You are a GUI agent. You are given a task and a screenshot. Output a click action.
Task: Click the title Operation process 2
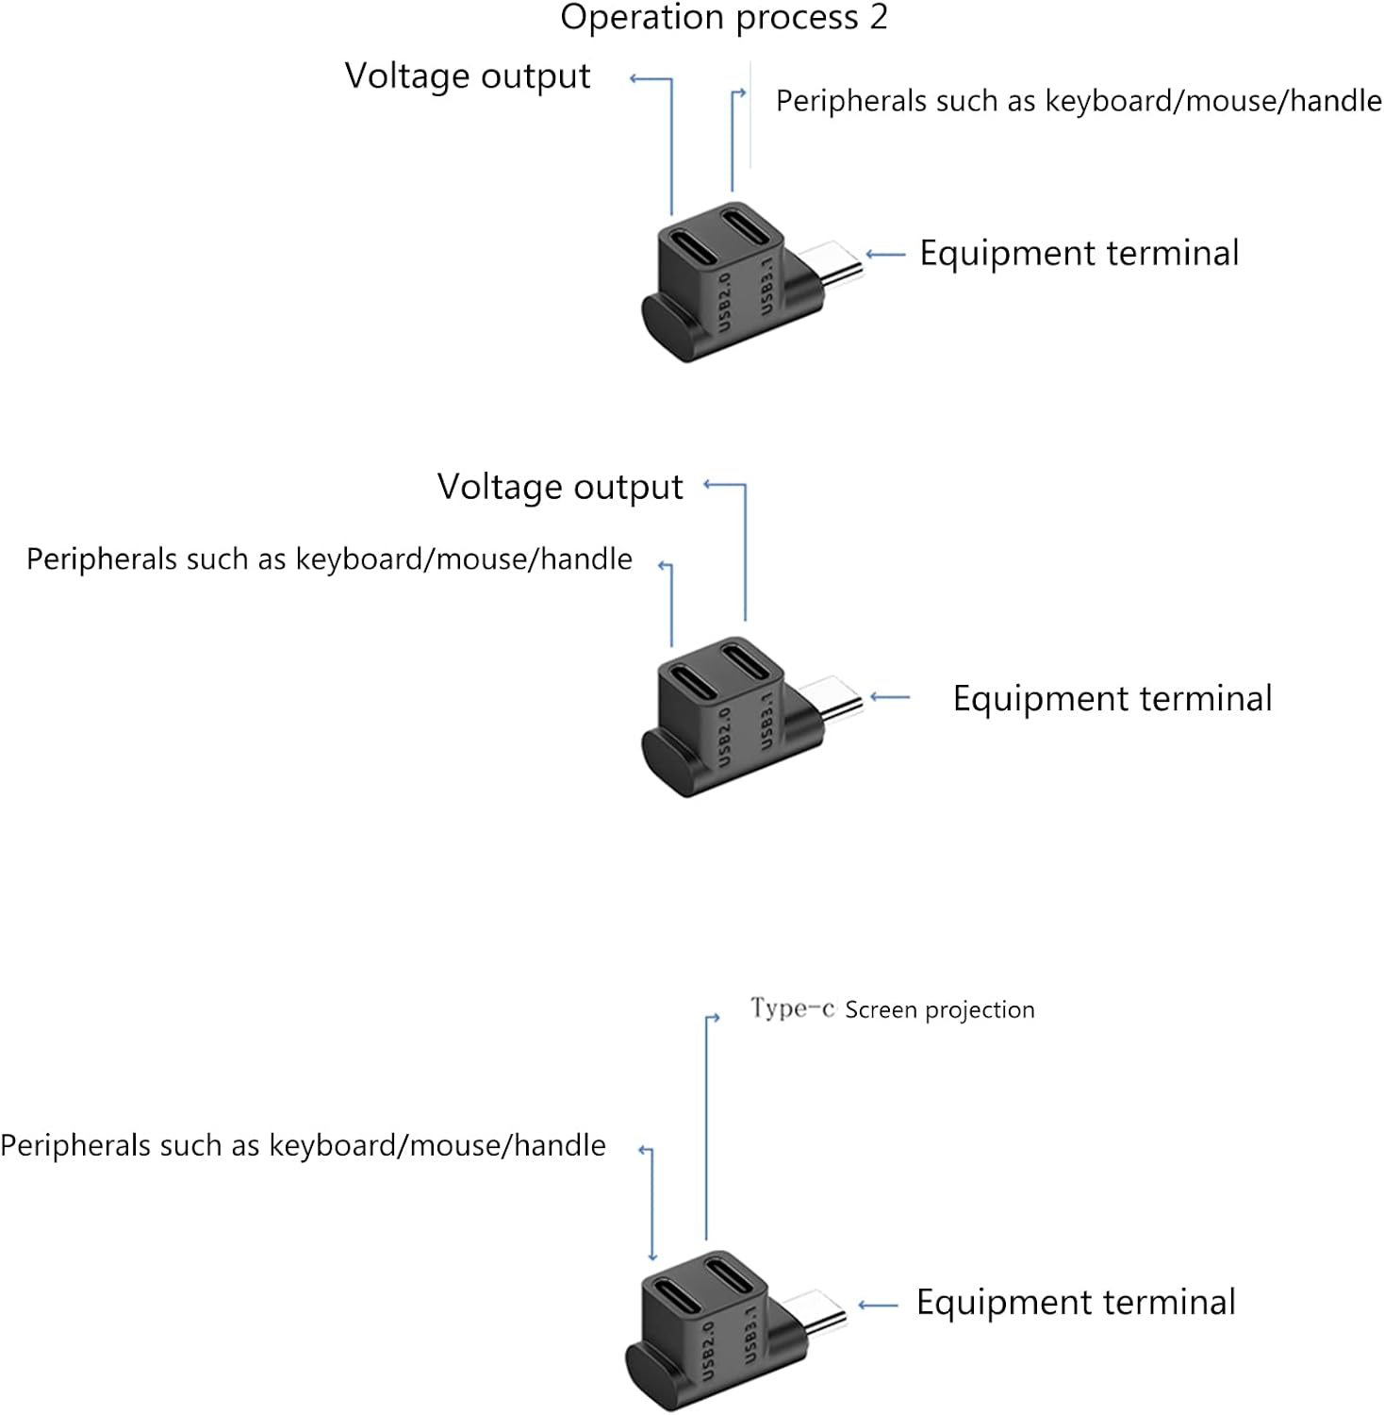point(724,18)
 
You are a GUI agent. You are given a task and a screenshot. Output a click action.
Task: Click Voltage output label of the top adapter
point(468,76)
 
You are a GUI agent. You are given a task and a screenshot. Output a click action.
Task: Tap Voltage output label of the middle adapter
point(560,488)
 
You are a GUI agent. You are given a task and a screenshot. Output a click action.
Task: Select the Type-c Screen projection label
point(892,1009)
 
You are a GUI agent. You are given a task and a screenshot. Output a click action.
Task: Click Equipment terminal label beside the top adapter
point(1079,253)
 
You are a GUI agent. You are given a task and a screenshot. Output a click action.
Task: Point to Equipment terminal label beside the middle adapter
point(1112,698)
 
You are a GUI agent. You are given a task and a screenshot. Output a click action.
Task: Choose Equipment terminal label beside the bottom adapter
point(1076,1302)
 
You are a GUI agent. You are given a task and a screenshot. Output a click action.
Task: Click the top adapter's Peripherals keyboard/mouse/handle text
point(1079,101)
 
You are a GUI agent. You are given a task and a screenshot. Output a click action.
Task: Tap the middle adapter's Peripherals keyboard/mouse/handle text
point(329,559)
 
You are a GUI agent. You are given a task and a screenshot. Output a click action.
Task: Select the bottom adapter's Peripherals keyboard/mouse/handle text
point(303,1145)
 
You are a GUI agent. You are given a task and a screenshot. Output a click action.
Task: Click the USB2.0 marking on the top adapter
point(725,301)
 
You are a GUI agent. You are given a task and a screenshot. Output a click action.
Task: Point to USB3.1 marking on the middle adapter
point(766,722)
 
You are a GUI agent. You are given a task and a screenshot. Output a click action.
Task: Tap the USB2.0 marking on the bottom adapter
point(708,1349)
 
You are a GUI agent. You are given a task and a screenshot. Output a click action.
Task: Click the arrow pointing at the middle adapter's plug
point(890,697)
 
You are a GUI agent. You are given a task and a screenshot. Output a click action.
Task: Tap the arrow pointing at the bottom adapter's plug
point(878,1306)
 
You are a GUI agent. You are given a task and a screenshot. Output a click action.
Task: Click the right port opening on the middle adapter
point(747,660)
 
